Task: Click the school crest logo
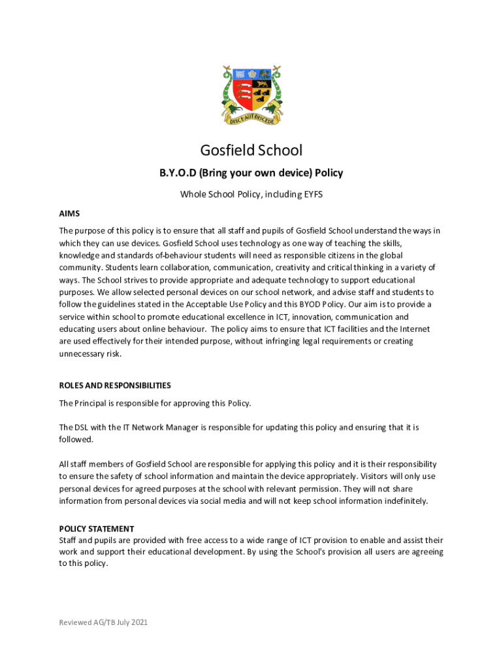(x=252, y=93)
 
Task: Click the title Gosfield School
(x=252, y=150)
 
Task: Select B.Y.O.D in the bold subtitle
(x=176, y=173)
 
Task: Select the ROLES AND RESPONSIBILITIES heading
(x=115, y=385)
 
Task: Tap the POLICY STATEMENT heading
(x=97, y=529)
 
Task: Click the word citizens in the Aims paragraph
(x=347, y=255)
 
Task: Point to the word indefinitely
(x=400, y=501)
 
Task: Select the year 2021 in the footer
(x=138, y=622)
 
